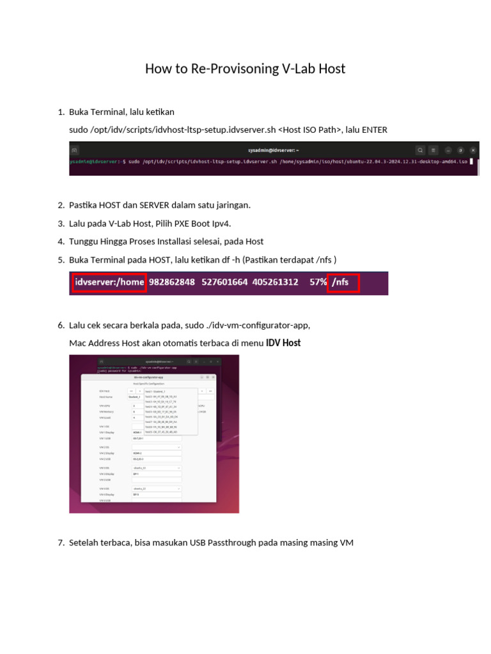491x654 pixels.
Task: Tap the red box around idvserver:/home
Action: click(x=109, y=282)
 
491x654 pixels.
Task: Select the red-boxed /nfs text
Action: click(x=343, y=282)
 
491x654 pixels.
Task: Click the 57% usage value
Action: click(x=318, y=282)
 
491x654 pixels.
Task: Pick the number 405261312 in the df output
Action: click(x=275, y=282)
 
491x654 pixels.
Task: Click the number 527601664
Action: click(x=224, y=282)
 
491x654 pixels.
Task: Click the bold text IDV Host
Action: click(x=283, y=343)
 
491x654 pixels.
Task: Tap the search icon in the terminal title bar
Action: click(x=420, y=150)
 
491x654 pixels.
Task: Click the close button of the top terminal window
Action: click(x=473, y=150)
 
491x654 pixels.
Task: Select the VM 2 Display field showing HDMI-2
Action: click(x=156, y=453)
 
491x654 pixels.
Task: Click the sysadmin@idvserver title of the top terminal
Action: click(x=272, y=150)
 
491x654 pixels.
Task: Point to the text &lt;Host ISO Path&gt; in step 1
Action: click(x=310, y=130)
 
